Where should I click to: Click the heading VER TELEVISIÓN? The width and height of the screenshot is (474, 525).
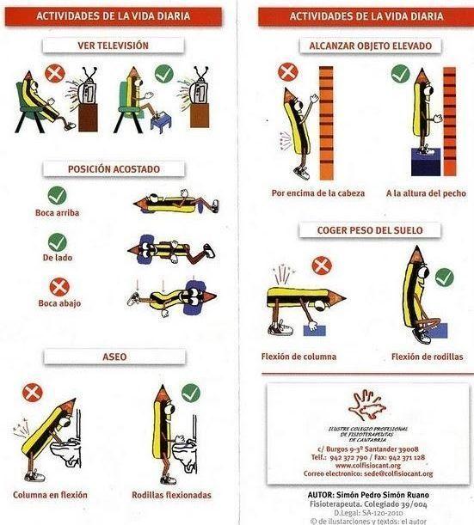point(114,46)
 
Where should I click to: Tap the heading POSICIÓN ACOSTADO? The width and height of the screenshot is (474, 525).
point(114,169)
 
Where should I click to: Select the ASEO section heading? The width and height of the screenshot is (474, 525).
point(114,356)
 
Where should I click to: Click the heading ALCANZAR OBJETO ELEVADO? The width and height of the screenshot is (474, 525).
point(366,46)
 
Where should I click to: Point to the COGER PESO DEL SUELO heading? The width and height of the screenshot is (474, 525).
point(366,229)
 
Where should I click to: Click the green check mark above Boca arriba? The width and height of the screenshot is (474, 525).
point(58,196)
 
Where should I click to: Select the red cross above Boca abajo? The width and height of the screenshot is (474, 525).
point(58,287)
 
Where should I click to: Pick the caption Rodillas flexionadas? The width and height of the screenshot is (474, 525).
point(171,495)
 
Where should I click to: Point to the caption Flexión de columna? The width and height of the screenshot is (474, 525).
point(299,356)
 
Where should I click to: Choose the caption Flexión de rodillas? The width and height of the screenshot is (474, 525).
point(427,356)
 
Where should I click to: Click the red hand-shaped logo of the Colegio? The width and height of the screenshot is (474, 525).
point(367,405)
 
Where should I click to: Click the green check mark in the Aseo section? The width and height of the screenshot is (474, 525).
point(190,393)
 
